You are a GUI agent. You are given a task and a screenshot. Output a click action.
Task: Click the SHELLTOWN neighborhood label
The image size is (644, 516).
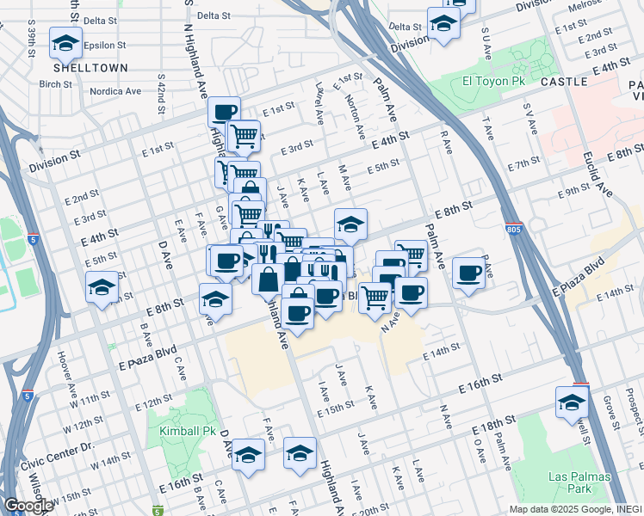90,67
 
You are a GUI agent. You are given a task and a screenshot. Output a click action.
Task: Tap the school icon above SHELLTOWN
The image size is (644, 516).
65,42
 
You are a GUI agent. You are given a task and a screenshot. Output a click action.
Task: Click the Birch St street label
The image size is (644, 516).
55,84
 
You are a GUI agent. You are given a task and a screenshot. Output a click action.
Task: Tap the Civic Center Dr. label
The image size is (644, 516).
86,446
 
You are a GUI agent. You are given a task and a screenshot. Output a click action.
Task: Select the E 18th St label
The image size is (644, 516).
494,421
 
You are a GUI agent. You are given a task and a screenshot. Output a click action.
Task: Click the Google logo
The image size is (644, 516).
28,506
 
